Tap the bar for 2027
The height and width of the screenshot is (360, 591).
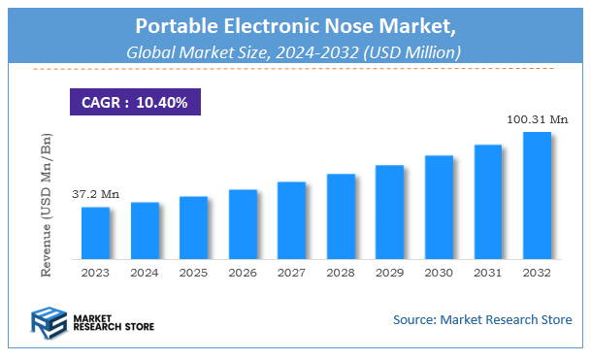[x=291, y=220]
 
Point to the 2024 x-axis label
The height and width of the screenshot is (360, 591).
[x=145, y=275]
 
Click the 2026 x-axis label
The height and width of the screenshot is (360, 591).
[x=243, y=275]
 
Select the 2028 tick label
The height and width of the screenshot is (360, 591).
[x=341, y=275]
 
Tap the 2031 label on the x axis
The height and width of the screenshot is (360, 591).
[x=487, y=275]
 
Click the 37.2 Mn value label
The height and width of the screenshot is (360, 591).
[x=95, y=195]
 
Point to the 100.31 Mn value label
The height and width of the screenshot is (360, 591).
[x=536, y=119]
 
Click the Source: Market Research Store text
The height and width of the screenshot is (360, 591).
[x=482, y=319]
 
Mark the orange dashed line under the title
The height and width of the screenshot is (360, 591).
[x=295, y=70]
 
